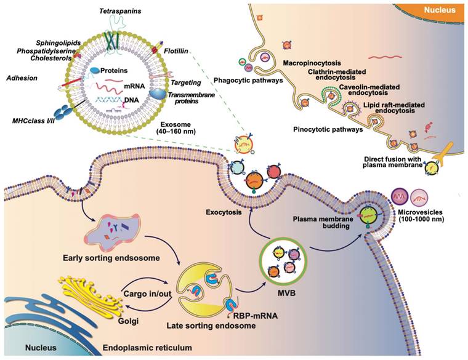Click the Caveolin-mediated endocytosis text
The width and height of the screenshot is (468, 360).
(369, 92)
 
